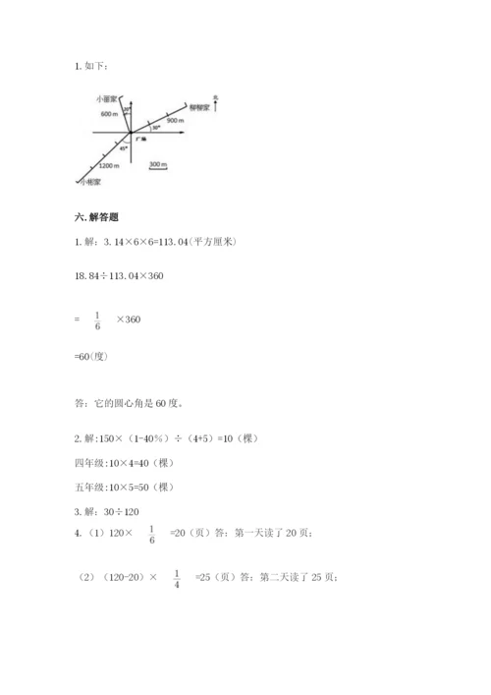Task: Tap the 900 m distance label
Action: [176, 119]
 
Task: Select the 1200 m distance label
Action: [108, 164]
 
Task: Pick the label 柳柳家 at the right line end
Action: [200, 104]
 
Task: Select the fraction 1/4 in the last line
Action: [176, 580]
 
